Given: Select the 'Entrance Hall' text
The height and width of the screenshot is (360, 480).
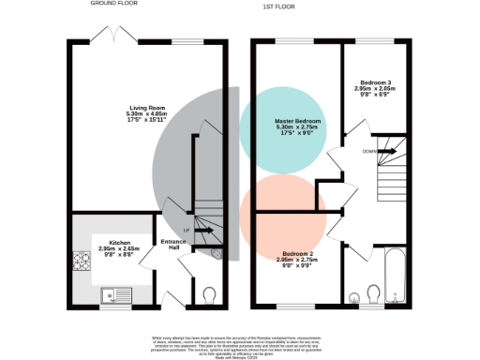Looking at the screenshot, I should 174,245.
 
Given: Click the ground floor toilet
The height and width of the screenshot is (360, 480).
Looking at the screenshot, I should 209,295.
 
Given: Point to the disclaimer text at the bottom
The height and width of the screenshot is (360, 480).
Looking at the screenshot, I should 241,343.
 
